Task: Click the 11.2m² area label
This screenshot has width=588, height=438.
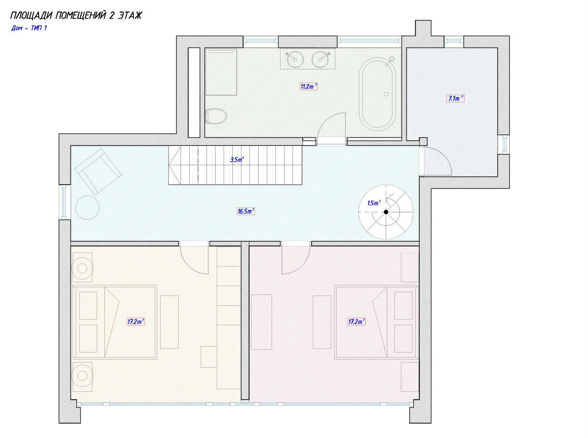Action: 309,86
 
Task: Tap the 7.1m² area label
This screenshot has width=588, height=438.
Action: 455,99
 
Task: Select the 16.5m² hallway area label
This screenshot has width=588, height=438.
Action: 246,211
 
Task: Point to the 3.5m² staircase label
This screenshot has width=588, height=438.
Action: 237,159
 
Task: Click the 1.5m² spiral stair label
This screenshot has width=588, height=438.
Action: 374,203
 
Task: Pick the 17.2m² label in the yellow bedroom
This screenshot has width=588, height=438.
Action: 135,321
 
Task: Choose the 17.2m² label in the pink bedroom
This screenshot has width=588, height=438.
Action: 356,321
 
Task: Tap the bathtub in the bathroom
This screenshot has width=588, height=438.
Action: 378,94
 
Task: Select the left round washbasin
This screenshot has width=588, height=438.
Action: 295,59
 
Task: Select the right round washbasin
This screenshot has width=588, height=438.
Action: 321,59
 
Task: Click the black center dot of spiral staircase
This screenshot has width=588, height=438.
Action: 386,212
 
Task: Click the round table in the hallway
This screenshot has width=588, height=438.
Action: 87,208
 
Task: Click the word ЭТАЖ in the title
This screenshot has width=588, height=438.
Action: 130,15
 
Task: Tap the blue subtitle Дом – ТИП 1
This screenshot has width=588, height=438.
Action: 29,28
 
